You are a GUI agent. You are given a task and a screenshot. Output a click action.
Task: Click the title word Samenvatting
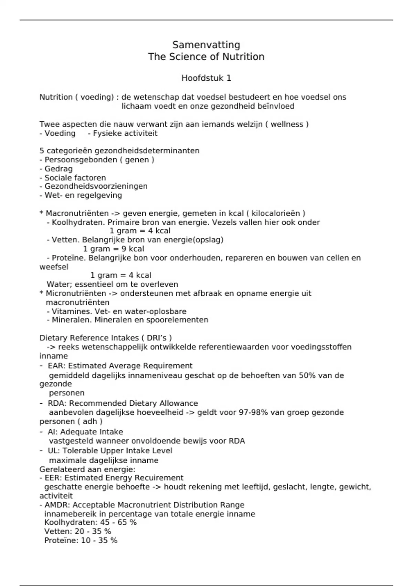tap(206, 45)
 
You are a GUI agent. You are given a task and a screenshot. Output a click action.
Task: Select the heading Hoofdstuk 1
tap(206, 78)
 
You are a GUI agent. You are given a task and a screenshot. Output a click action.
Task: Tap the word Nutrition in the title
tap(243, 57)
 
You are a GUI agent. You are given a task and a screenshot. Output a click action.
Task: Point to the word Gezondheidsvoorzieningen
tap(96, 186)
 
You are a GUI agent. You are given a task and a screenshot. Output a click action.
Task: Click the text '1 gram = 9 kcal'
tap(114, 249)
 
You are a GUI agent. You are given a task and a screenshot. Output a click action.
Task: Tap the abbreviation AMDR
tap(57, 505)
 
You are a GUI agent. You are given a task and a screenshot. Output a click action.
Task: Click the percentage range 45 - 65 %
tap(118, 523)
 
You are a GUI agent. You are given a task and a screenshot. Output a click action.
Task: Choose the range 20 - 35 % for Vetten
tap(93, 532)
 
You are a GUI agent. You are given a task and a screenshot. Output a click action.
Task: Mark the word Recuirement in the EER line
tap(159, 478)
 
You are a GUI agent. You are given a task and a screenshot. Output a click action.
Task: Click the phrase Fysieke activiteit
tap(125, 133)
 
